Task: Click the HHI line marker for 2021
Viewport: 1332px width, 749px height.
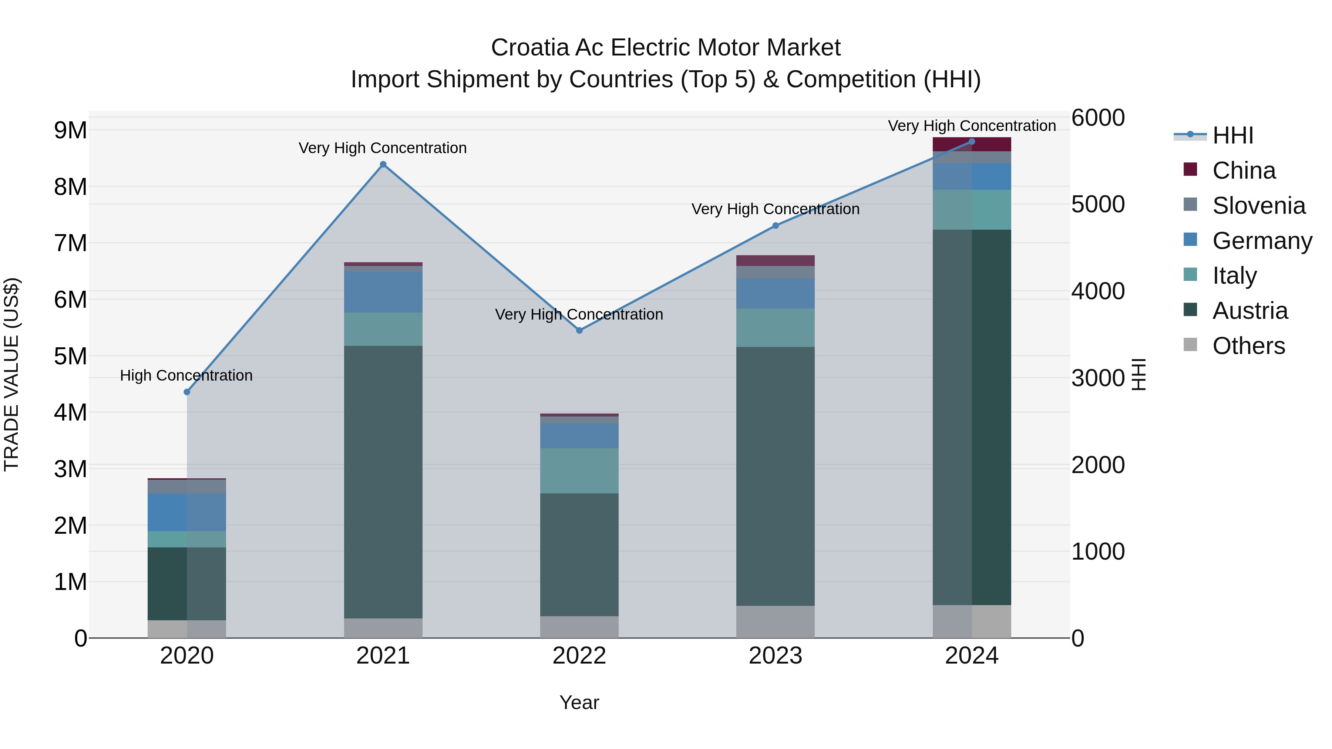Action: [383, 164]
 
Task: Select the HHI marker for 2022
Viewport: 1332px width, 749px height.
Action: [579, 330]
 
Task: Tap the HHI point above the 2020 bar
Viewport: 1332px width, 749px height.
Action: [187, 392]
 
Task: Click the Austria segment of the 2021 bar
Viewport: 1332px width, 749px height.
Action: [383, 481]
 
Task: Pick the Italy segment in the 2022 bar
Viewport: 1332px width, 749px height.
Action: [579, 470]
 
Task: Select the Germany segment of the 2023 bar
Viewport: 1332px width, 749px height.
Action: [775, 293]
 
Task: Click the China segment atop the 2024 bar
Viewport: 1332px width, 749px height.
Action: [972, 145]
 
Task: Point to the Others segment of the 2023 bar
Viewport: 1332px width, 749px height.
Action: [775, 621]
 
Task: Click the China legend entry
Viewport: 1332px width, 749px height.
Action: [1243, 171]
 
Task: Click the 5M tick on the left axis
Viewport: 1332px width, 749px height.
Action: [70, 356]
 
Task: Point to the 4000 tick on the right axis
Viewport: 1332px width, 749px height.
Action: [1097, 291]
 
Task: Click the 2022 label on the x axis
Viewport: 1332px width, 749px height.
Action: [579, 656]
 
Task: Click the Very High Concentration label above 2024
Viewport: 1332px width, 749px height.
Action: [972, 126]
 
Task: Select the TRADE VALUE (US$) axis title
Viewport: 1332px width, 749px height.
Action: [11, 374]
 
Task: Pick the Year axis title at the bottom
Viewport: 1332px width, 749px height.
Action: [579, 702]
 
